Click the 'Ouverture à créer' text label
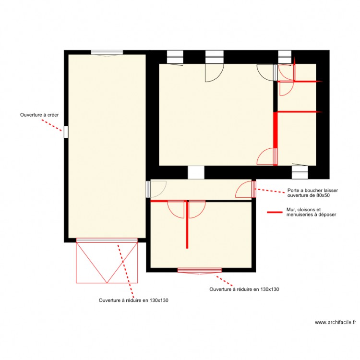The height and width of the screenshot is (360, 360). point(39,115)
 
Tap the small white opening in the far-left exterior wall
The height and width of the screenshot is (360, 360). point(66,132)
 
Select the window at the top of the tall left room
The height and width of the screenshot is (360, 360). point(107,53)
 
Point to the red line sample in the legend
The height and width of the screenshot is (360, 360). point(275,212)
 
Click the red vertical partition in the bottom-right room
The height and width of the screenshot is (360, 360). point(187,225)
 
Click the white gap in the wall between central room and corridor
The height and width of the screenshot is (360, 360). point(196,172)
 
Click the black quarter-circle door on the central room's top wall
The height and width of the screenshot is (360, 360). point(214,72)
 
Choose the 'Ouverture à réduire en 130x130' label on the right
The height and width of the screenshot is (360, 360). point(244,289)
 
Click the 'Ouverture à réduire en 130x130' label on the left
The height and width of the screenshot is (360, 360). point(133,300)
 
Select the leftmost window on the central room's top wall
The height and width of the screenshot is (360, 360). point(174,57)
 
